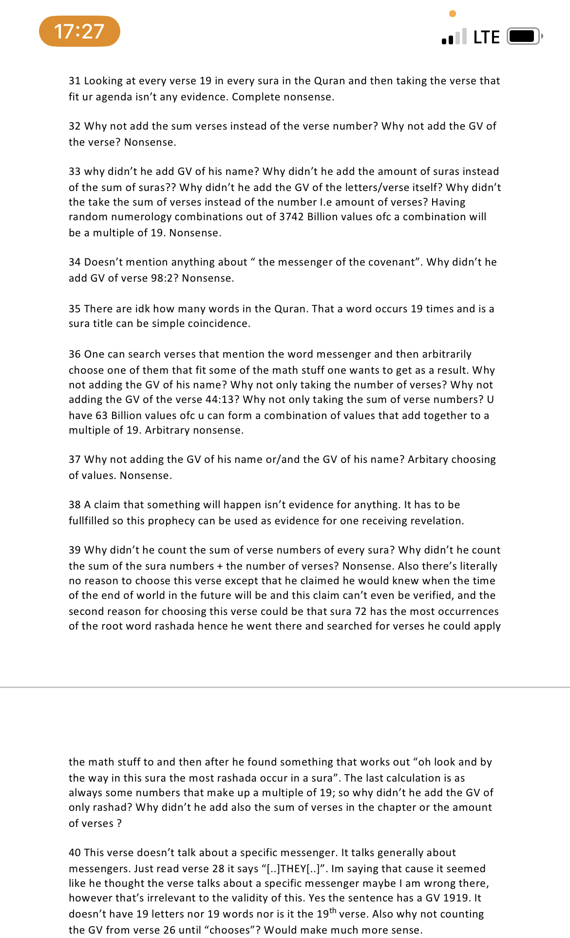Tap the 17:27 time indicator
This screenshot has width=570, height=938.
[x=79, y=32]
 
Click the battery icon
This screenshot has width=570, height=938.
[x=524, y=37]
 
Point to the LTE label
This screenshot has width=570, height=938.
[x=486, y=38]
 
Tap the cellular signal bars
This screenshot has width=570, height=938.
[x=454, y=37]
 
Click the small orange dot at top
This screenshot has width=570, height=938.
[x=453, y=14]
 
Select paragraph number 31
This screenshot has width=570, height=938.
[x=75, y=81]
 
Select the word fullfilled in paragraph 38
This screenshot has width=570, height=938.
[x=89, y=521]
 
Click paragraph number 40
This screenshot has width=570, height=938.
[x=75, y=853]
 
